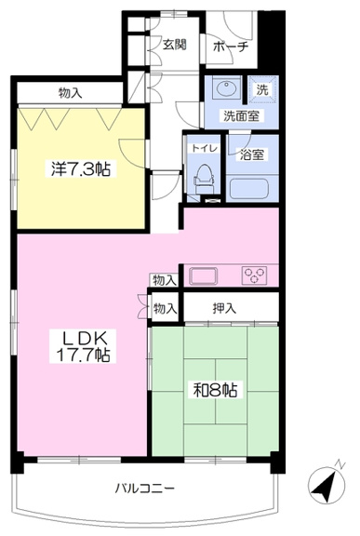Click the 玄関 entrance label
(x=174, y=45)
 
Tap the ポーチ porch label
(x=231, y=47)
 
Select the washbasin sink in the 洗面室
(x=226, y=88)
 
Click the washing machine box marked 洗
(x=262, y=89)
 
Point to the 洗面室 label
(x=242, y=116)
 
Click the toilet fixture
(x=204, y=178)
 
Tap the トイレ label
(x=205, y=149)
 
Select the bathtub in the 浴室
(x=249, y=189)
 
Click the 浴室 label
(x=252, y=154)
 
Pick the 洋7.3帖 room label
(x=81, y=168)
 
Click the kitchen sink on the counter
(x=203, y=276)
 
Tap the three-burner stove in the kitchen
(x=255, y=275)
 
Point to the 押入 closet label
(x=224, y=309)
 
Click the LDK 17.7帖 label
(x=83, y=346)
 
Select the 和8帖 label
(x=216, y=390)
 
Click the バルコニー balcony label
(x=144, y=489)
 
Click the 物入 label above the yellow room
(x=71, y=93)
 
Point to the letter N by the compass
(x=340, y=465)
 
